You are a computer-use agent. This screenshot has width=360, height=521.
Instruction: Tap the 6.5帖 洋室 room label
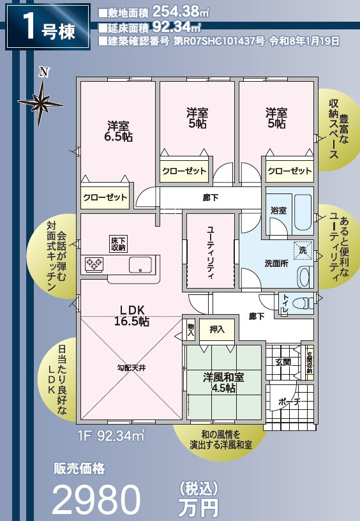point(119,131)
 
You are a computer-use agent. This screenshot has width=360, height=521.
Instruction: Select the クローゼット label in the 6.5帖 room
point(105,197)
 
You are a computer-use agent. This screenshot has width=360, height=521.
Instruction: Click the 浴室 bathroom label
point(278,210)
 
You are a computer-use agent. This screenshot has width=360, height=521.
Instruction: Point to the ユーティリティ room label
point(210,252)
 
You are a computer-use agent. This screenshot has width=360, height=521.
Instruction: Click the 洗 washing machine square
point(303,251)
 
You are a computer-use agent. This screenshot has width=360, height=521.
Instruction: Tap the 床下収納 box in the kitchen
point(118,243)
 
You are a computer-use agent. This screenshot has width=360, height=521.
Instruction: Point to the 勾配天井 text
point(131,368)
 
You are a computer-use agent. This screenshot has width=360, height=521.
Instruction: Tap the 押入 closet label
point(216,330)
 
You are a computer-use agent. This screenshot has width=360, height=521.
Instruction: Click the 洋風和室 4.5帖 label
point(223,382)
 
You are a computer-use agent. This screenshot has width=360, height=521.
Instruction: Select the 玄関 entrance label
point(283,362)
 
